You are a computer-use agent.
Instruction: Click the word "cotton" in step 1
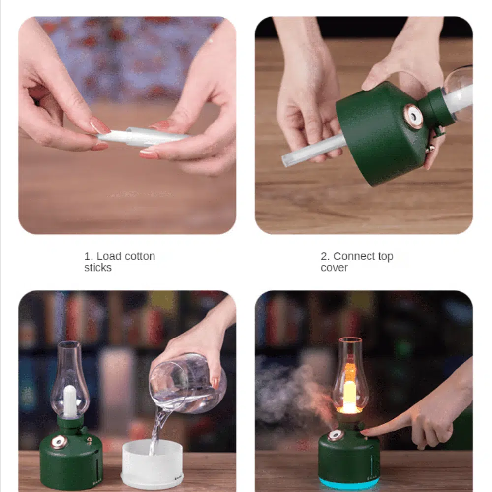[139, 256]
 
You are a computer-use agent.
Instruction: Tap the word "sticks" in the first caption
[97, 268]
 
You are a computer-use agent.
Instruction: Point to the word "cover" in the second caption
[334, 268]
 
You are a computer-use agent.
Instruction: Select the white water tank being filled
[152, 463]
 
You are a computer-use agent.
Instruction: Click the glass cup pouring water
[187, 383]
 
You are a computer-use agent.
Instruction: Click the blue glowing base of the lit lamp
[349, 483]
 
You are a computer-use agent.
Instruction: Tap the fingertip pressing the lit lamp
[366, 433]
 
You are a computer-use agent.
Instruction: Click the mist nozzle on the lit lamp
[335, 435]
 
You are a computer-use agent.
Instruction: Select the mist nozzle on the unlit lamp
[59, 442]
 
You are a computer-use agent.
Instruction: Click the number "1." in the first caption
[89, 256]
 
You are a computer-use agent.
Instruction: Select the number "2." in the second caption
[325, 256]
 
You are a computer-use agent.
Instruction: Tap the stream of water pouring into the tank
[158, 430]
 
